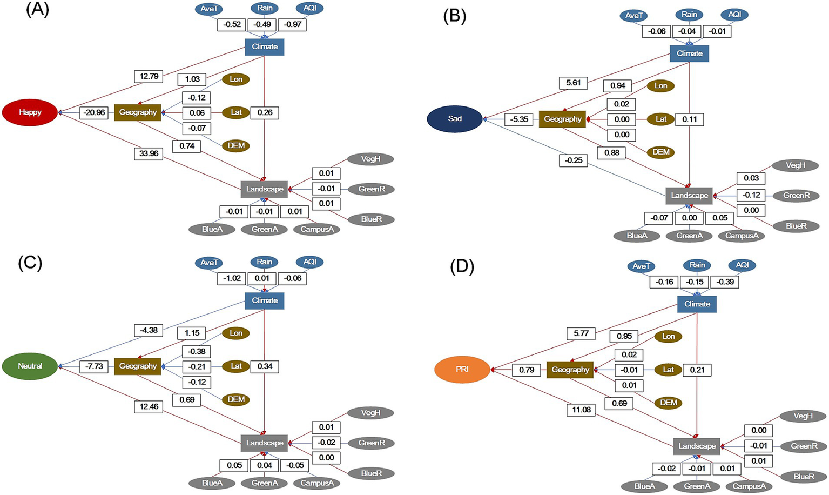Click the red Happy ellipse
pos(30,112)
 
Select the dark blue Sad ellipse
pos(454,119)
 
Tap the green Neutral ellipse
pos(30,366)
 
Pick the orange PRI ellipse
pos(462,370)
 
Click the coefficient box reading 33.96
pos(149,153)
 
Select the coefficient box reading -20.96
pos(94,112)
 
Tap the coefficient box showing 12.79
pos(149,76)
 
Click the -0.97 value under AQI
pos(293,24)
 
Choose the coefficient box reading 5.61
pos(573,83)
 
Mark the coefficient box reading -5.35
pos(519,119)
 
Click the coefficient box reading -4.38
pos(149,330)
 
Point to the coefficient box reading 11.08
pos(581,410)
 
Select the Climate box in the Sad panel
pos(689,53)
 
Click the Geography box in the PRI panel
pos(570,370)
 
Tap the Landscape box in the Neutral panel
pos(264,443)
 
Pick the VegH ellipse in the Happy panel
pos(370,159)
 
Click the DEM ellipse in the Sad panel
pos(660,152)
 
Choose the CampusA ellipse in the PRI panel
pos(749,486)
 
